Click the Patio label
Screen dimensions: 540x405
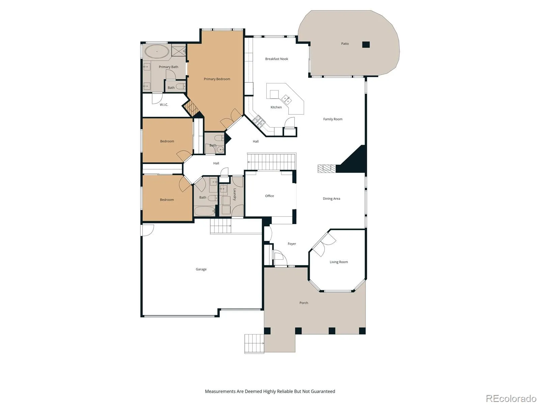tap(345, 44)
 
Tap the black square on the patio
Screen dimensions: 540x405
tap(366, 45)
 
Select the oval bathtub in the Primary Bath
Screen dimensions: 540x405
tap(157, 51)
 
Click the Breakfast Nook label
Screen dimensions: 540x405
tap(276, 59)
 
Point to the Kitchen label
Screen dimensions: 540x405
tap(276, 107)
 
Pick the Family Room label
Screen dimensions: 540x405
tap(333, 119)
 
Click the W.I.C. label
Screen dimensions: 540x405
tap(164, 105)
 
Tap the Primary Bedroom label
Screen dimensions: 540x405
tap(217, 79)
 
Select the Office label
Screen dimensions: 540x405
tap(269, 196)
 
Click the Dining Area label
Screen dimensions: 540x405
tap(331, 199)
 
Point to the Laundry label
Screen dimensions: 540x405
tap(235, 194)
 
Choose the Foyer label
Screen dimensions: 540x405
tap(292, 244)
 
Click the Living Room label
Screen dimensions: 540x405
tap(339, 262)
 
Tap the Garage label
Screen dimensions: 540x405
tap(201, 269)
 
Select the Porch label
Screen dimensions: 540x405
tap(303, 303)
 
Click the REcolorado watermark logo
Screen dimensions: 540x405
tap(511, 398)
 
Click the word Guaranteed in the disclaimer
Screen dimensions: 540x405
tap(323, 391)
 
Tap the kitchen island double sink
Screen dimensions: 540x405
tap(287, 99)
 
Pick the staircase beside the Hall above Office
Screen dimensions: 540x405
tap(272, 162)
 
